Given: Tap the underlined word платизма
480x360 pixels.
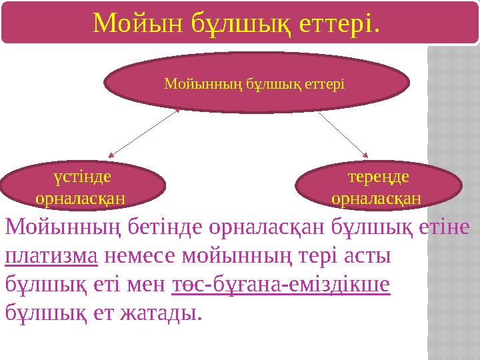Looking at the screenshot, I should click(51, 257).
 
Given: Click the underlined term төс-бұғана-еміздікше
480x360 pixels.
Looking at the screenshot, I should click(281, 284).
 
